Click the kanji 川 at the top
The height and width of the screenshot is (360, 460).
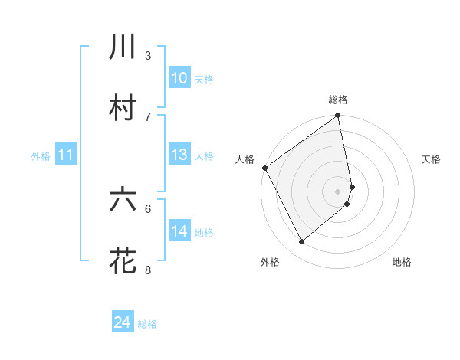(x=123, y=47)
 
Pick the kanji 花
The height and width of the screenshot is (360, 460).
(x=123, y=260)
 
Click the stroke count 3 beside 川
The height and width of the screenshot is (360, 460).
(x=148, y=55)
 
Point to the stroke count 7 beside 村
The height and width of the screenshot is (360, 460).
(x=148, y=116)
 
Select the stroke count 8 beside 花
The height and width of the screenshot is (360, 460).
(x=148, y=270)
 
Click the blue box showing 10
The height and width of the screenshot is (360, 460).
(x=179, y=78)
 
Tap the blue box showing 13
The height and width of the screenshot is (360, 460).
(x=179, y=155)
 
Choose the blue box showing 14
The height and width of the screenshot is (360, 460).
(x=179, y=231)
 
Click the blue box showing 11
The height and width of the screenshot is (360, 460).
(x=66, y=155)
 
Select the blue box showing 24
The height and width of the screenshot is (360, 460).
(x=123, y=323)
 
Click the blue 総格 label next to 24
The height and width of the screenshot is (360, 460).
(x=147, y=324)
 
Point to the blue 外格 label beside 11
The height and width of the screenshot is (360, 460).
(x=41, y=156)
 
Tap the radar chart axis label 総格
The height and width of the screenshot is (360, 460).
(x=338, y=100)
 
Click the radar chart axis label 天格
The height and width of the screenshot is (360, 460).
(x=432, y=159)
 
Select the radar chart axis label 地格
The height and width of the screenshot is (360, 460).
(x=402, y=262)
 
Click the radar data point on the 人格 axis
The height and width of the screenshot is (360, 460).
(x=264, y=168)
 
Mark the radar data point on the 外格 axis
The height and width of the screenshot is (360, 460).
(x=302, y=242)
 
